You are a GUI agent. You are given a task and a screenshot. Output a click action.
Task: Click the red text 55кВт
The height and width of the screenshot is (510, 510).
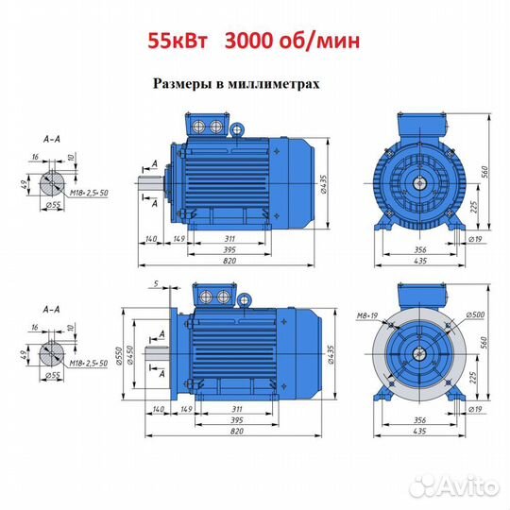[x=178, y=41]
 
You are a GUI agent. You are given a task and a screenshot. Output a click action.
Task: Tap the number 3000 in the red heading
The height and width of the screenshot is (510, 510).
[x=248, y=41]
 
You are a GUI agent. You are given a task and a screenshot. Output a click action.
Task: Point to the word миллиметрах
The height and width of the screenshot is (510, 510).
[x=274, y=84]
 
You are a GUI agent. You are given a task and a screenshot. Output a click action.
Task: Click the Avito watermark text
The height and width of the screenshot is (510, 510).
[x=467, y=486]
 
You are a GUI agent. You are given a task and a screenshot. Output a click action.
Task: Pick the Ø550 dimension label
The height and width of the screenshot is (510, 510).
[x=118, y=356]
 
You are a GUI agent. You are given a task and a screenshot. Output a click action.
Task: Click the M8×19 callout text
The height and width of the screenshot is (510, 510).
[x=367, y=315]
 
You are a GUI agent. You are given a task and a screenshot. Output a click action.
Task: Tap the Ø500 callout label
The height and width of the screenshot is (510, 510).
[x=475, y=314]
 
